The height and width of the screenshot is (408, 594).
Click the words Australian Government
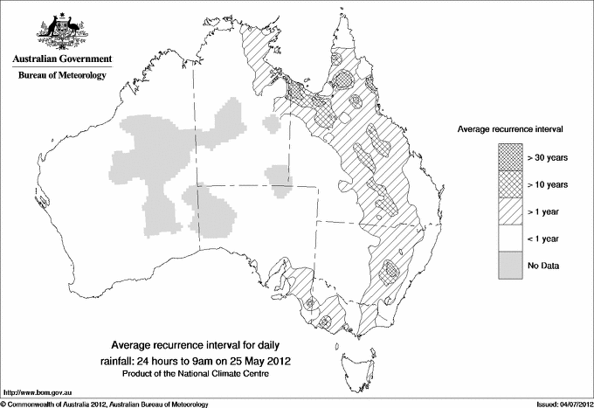click(x=61, y=59)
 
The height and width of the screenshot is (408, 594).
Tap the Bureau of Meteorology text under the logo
click(x=61, y=76)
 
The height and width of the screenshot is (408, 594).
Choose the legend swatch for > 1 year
click(x=511, y=211)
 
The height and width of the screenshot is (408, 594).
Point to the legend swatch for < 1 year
click(x=511, y=238)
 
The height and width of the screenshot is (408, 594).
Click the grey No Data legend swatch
click(x=511, y=265)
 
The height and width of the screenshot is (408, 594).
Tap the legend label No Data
click(x=544, y=265)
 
